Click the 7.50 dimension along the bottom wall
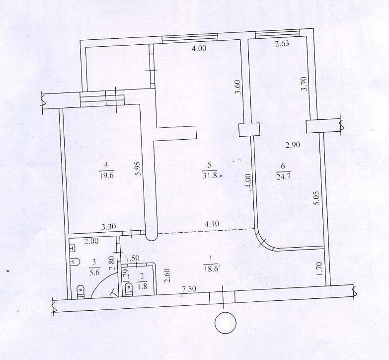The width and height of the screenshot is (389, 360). (189, 289)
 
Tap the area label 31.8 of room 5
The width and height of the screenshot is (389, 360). (210, 176)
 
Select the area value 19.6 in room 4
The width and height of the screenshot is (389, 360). (106, 176)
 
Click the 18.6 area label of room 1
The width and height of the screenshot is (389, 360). (211, 269)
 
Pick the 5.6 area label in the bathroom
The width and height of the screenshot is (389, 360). (94, 272)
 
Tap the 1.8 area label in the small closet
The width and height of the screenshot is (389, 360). (142, 286)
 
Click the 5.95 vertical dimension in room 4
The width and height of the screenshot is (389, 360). (138, 169)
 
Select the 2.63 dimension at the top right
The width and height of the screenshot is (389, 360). (282, 43)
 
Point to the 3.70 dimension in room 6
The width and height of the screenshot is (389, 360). (304, 84)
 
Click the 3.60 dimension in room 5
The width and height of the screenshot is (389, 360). (237, 87)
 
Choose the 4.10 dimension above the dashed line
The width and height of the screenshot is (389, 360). (212, 224)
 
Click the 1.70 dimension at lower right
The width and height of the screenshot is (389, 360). (320, 269)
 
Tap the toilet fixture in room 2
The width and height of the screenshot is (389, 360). (129, 289)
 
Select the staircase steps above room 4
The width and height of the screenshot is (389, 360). (102, 98)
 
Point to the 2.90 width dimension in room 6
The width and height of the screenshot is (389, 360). (293, 145)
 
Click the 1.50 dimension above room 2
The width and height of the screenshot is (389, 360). (132, 258)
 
